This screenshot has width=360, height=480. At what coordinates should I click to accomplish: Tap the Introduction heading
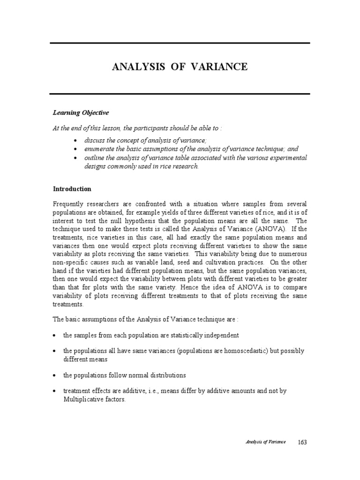pyautogui.click(x=72, y=189)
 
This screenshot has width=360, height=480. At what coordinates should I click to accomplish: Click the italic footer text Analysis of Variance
pyautogui.click(x=266, y=442)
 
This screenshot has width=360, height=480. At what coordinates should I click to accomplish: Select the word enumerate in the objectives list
pyautogui.click(x=100, y=149)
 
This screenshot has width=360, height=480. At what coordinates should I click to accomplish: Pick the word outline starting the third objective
pyautogui.click(x=95, y=158)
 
